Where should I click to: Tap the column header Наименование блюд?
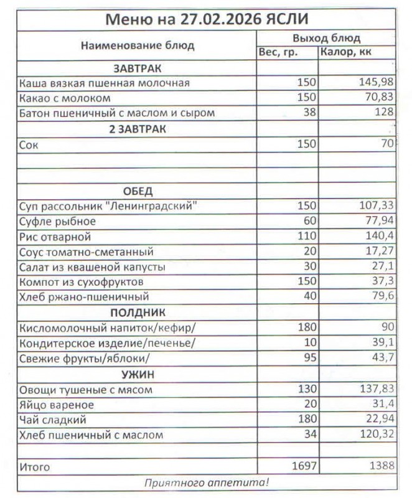click(138, 45)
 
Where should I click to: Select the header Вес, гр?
click(278, 52)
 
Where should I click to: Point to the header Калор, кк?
click(346, 52)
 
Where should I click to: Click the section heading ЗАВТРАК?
click(138, 68)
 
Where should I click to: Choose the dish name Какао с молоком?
click(65, 98)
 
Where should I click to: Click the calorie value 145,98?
click(376, 83)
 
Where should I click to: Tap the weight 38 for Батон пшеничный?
click(310, 113)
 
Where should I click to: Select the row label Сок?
click(29, 144)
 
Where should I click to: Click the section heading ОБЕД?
click(138, 190)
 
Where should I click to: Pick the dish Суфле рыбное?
click(57, 221)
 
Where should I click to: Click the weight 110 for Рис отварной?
click(307, 237)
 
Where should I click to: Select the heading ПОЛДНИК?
click(138, 312)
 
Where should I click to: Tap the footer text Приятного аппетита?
click(206, 482)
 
